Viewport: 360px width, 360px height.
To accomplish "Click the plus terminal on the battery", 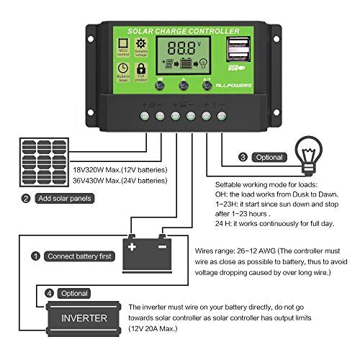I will [131, 246].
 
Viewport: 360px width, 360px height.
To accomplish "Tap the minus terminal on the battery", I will [162, 246].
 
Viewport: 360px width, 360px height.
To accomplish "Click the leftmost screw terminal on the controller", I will [143, 115].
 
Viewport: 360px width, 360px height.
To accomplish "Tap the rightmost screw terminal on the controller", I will [222, 115].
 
